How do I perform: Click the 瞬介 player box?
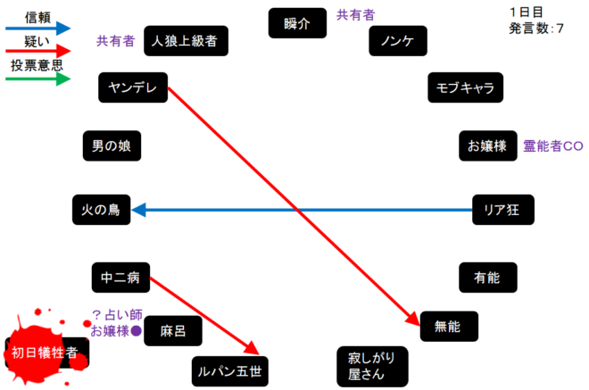297,23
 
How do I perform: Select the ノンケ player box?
398,40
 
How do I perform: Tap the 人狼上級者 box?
186,40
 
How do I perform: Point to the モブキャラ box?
465,87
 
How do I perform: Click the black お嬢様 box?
486,145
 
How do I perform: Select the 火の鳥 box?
101,211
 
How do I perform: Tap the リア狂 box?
502,211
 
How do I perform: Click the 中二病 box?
120,278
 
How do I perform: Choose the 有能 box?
487,278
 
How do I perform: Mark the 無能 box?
449,327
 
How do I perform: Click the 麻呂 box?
173,331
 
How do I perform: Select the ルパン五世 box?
230,369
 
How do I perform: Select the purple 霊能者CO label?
552,145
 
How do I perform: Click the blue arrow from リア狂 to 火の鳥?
303,211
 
